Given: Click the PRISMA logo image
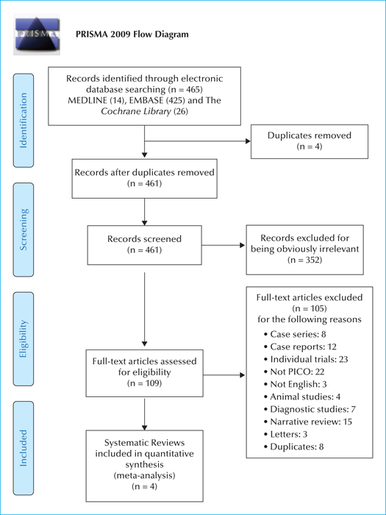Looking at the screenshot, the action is click(37, 34).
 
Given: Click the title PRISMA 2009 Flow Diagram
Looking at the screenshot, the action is click(132, 35).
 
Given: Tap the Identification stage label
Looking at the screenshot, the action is click(24, 121).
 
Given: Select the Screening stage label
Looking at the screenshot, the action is click(24, 230).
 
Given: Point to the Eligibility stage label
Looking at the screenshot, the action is click(24, 339).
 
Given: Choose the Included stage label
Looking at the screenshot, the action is click(24, 448).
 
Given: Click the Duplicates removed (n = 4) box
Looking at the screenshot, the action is click(310, 141).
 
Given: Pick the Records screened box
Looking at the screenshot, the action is click(144, 245).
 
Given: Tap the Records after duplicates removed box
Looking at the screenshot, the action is click(144, 179).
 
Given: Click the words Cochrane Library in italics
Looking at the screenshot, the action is click(136, 111).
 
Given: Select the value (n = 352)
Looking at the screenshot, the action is click(305, 260).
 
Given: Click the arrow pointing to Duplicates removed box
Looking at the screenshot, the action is click(198, 141).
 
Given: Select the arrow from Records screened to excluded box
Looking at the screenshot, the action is click(224, 245).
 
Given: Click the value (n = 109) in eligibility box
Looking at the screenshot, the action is click(144, 383).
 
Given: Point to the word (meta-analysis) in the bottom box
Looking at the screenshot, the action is click(144, 475).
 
